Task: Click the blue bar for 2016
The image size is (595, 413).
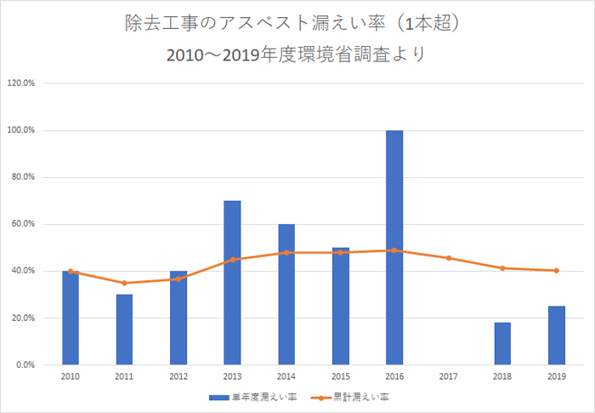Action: (x=394, y=247)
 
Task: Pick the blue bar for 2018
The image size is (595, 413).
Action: (x=502, y=343)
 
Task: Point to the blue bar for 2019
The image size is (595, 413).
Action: (x=556, y=336)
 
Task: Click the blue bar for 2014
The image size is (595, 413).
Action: (x=286, y=295)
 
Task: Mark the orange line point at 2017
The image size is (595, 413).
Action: (x=448, y=258)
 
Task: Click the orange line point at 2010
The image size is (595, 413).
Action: (x=71, y=272)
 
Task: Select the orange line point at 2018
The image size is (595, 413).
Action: (x=502, y=268)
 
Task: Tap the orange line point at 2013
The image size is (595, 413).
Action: (x=232, y=260)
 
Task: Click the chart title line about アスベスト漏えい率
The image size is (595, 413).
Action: (x=297, y=24)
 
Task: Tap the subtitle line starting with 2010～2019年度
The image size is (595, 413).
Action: (x=297, y=54)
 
